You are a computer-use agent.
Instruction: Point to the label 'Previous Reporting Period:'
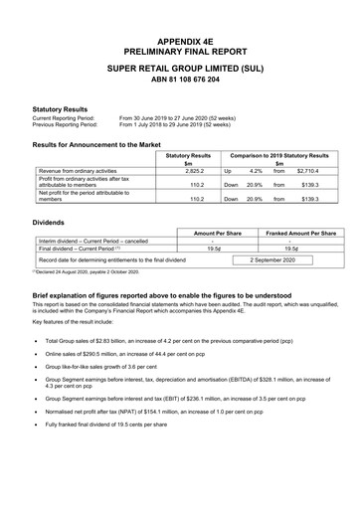click(x=66, y=125)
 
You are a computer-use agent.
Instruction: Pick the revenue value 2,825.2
click(x=188, y=172)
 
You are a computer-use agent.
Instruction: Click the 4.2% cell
click(x=256, y=172)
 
